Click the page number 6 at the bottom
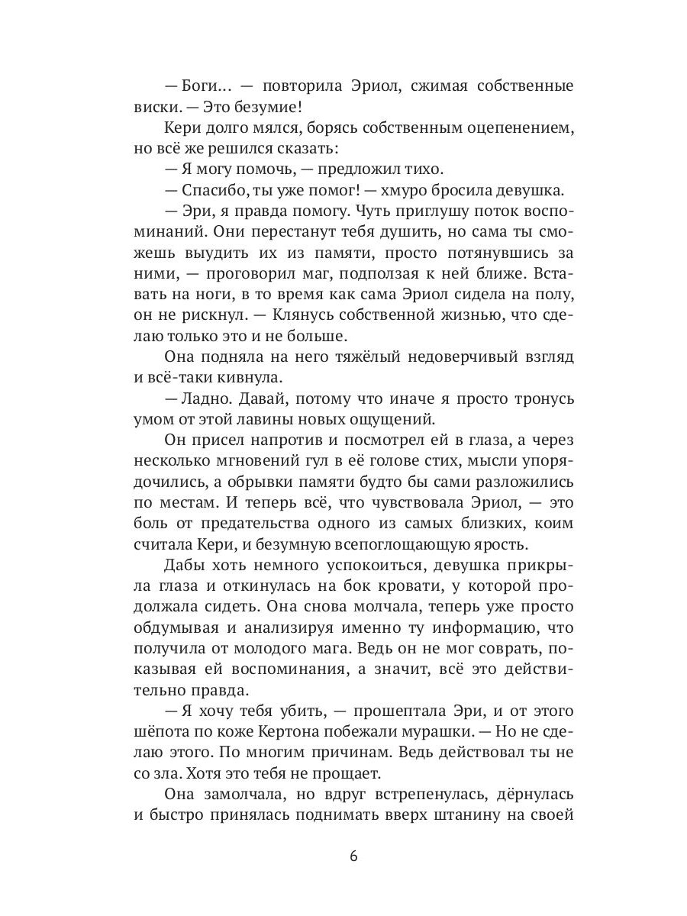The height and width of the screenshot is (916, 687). pyautogui.click(x=353, y=855)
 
